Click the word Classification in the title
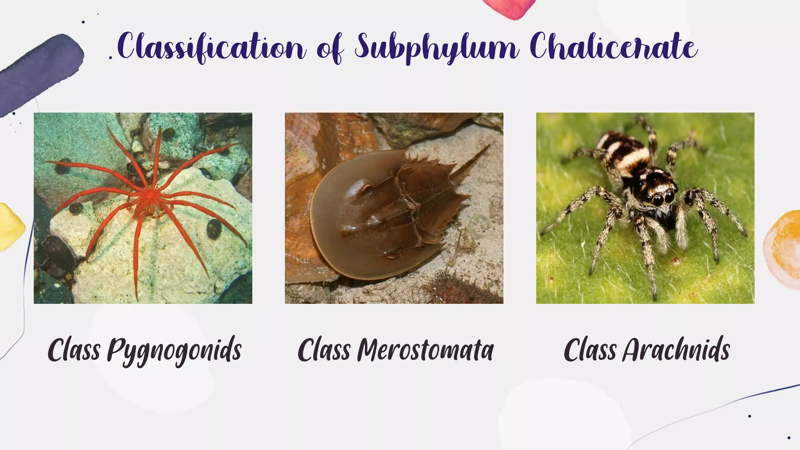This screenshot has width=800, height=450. (x=211, y=48)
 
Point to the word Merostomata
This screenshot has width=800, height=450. (x=425, y=350)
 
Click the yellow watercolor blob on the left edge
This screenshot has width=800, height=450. (x=10, y=227)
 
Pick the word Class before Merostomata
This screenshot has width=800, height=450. (x=324, y=350)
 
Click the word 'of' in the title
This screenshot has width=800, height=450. (x=330, y=49)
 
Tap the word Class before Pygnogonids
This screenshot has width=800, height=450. (x=74, y=350)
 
